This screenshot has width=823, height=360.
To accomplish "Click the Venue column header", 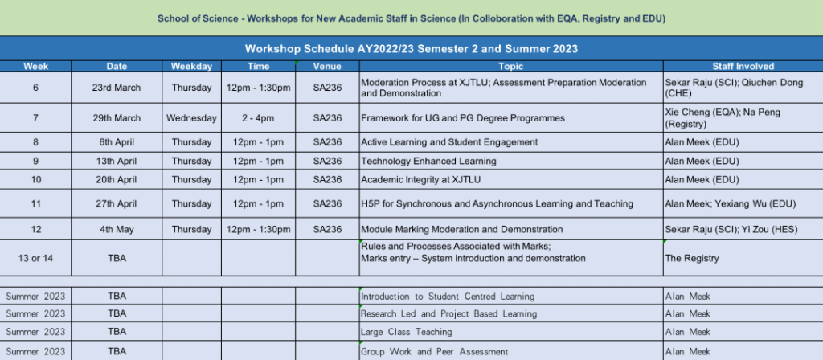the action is pos(327,66).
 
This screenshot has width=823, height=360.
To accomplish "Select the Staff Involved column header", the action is pos(743,66).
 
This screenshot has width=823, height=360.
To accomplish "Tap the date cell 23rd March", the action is pos(117,88).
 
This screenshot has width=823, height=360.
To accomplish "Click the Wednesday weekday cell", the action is pos(191,118).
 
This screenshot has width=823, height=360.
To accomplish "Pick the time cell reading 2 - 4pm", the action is pos(258,118).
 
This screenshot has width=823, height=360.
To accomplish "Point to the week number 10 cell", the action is pos(35,179).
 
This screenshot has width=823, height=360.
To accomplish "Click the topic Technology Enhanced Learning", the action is pos(428,161).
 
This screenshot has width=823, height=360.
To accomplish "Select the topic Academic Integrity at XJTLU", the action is pos(420,179).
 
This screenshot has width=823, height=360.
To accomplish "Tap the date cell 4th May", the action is pos(117,229).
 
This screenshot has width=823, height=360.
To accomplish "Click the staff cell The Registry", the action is pos(692,258).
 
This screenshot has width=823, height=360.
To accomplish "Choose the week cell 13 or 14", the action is pos(35,258).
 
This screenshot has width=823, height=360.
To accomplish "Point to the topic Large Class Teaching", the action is pos(406,332).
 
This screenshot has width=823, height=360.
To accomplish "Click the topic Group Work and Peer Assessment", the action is pos(434,352).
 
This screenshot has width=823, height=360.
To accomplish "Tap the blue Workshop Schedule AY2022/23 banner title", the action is pos(411,49).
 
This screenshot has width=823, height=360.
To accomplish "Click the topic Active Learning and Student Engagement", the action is pos(449,142).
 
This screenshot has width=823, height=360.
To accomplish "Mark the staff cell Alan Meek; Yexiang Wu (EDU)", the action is pos(730,203).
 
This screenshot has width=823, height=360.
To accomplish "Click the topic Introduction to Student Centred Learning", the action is pos(447,297).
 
